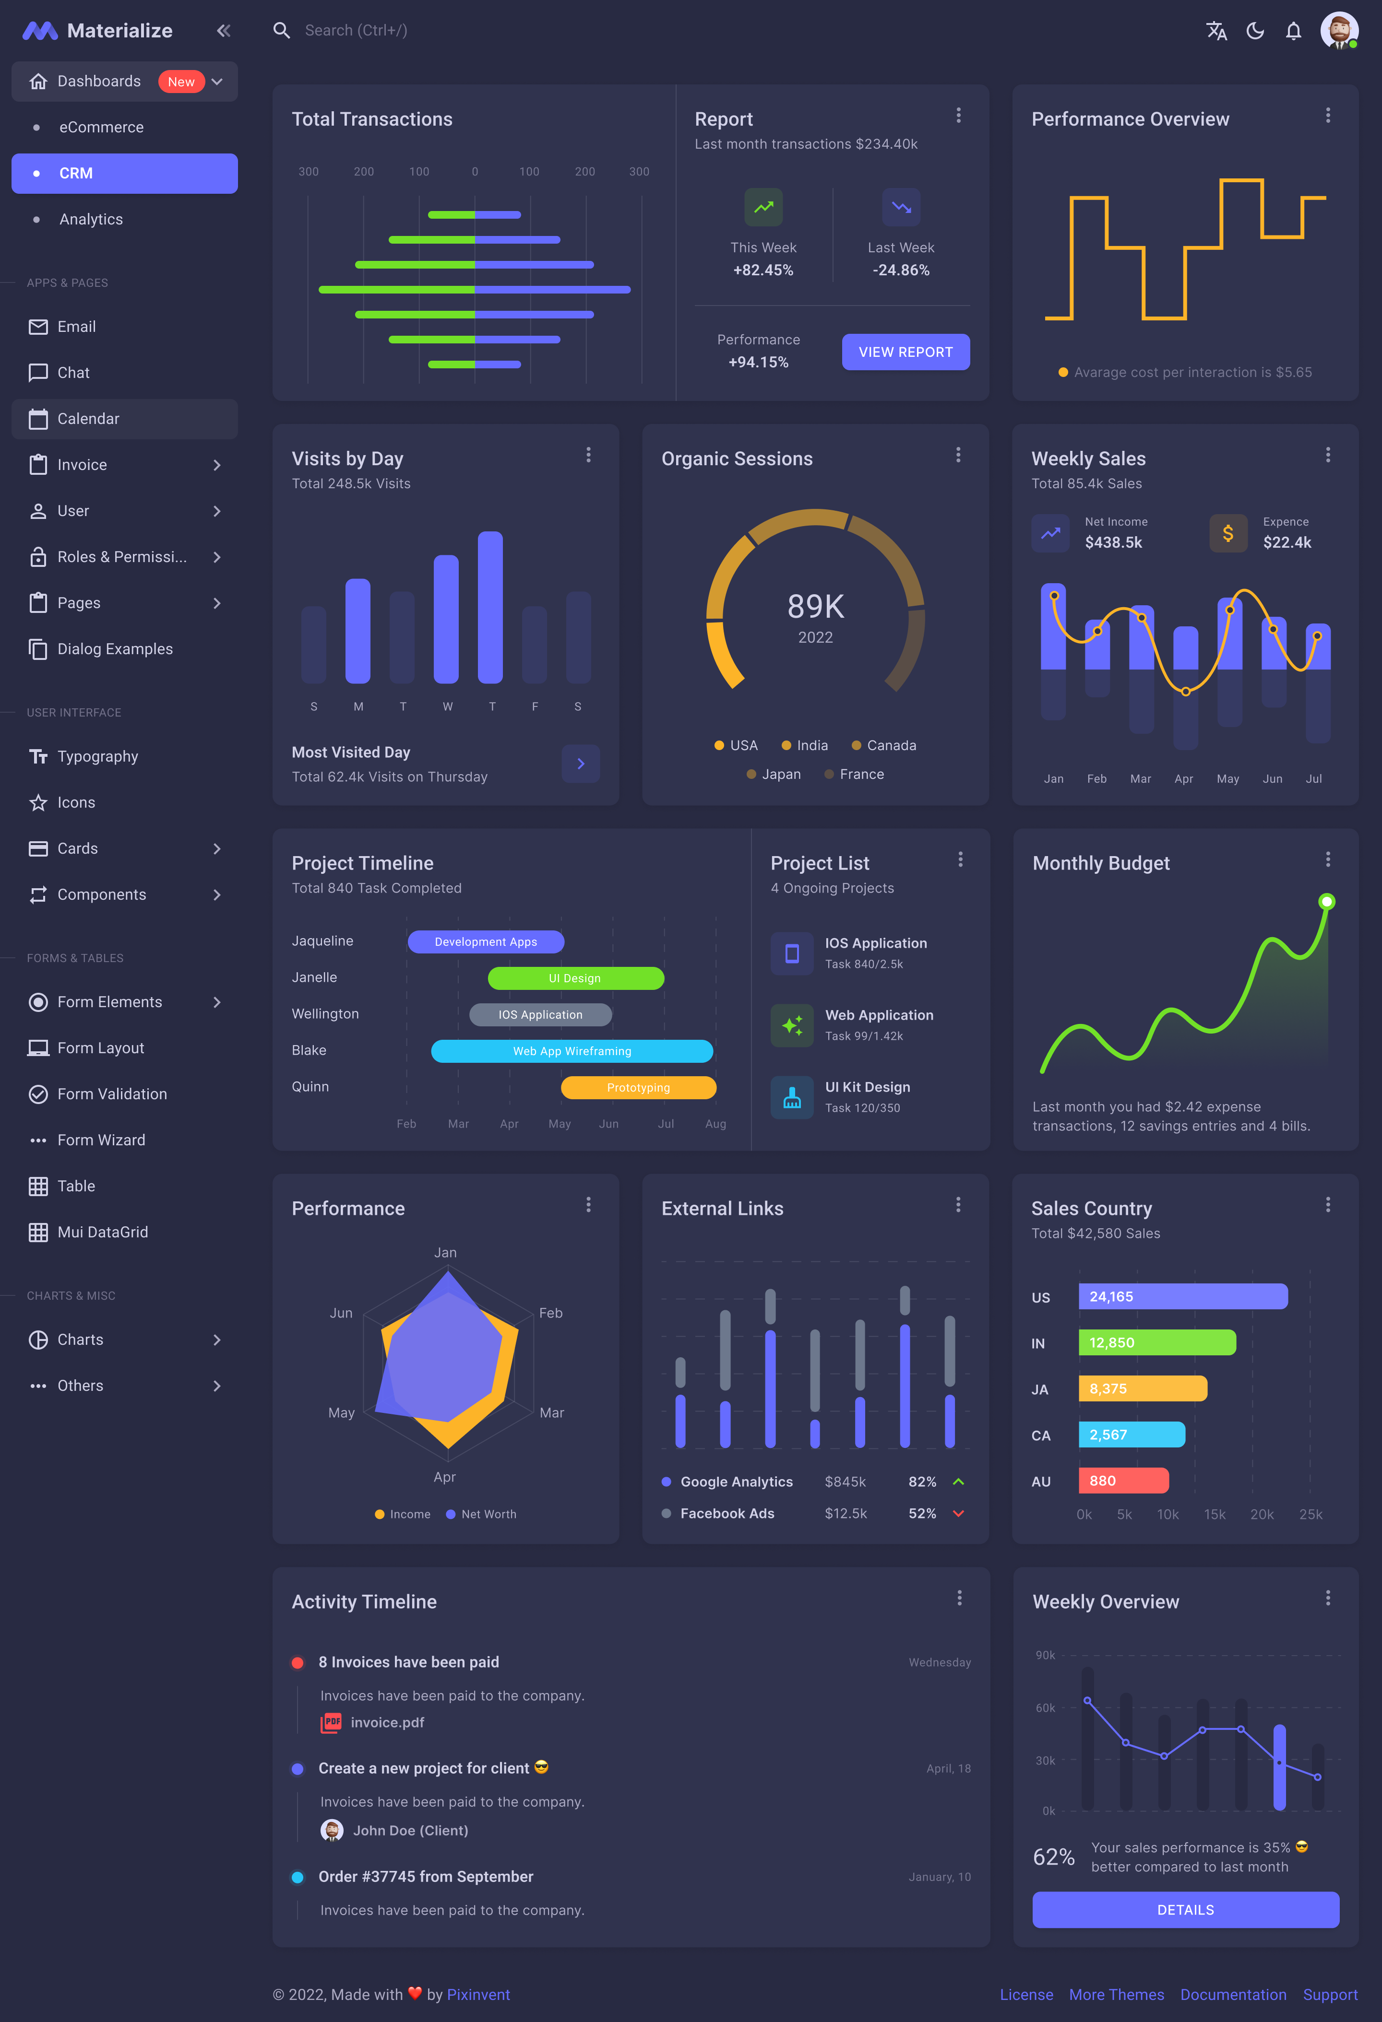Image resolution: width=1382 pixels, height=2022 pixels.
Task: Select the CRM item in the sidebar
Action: pos(124,173)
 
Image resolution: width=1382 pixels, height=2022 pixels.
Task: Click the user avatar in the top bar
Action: pos(1338,30)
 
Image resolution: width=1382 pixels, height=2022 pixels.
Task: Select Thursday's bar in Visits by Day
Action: pos(491,607)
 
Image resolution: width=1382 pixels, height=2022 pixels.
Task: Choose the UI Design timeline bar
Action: pos(575,978)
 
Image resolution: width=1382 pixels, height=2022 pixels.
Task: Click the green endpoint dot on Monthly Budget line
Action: pos(1326,901)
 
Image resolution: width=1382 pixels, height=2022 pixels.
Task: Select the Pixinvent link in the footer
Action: pos(478,1994)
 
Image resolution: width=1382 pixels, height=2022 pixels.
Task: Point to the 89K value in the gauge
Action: pos(815,606)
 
